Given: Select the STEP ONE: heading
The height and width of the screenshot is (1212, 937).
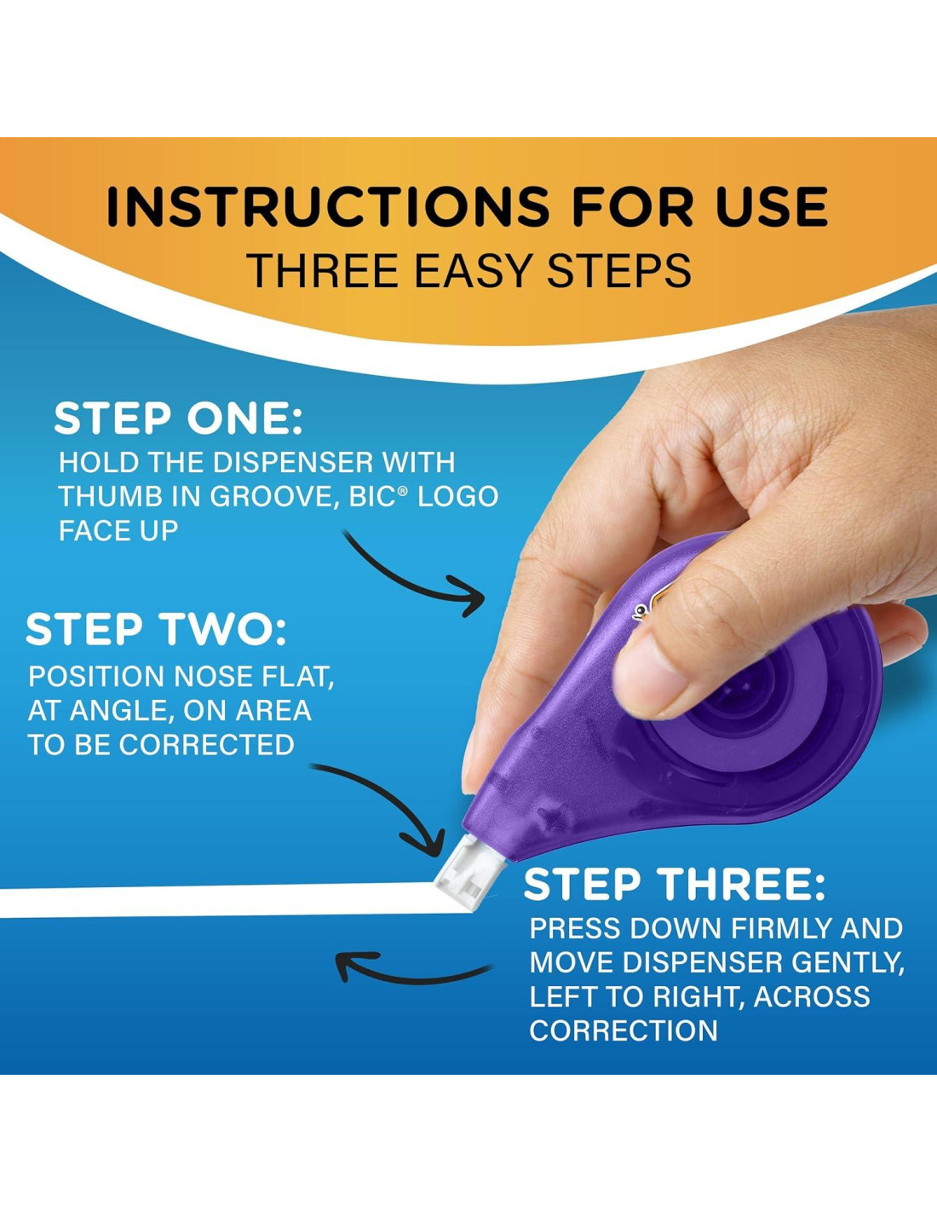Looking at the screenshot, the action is tap(178, 418).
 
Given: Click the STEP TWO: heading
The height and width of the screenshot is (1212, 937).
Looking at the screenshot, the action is tap(156, 629).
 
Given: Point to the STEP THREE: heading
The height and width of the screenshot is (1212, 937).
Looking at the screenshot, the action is tap(674, 885).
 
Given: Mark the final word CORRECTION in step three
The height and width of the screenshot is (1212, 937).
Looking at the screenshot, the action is tap(624, 1030).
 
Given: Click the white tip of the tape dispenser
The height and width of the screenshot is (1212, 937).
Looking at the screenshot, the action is tap(468, 874).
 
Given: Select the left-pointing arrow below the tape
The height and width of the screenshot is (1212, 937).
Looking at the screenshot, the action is tap(411, 973).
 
